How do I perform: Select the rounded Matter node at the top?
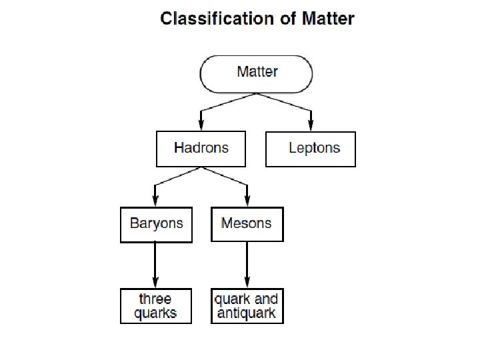tap(257, 73)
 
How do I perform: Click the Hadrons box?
tap(201, 149)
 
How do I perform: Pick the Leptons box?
tap(311, 149)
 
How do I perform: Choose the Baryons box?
tap(156, 224)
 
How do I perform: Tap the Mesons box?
tap(247, 224)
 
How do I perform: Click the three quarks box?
tap(155, 306)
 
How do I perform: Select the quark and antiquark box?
tap(247, 306)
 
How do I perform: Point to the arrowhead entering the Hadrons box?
tap(201, 125)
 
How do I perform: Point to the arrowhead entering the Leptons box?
tap(311, 125)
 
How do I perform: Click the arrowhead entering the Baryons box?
tap(155, 201)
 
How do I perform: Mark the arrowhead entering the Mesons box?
tap(247, 201)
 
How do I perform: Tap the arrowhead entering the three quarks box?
tap(155, 282)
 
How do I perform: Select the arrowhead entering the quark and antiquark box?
tap(247, 282)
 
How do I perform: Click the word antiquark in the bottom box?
tap(247, 313)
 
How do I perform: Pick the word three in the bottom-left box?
tap(155, 299)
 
